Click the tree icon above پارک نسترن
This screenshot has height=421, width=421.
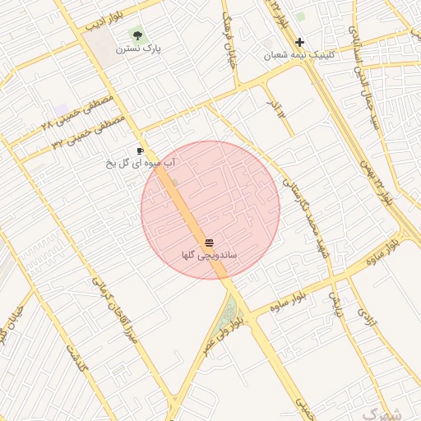coord(136,35)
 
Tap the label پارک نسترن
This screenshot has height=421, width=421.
coord(138,49)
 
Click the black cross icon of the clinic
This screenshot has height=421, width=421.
coord(299,42)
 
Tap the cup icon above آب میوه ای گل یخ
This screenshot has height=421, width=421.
coord(141,151)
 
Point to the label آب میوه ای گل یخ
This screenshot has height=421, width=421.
coord(141,164)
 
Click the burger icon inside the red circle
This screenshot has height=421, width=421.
coord(209,243)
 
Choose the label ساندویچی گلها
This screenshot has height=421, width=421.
coord(210,256)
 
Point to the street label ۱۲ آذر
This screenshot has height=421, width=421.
coord(279,107)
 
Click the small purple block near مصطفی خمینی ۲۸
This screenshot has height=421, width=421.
coord(62,109)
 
